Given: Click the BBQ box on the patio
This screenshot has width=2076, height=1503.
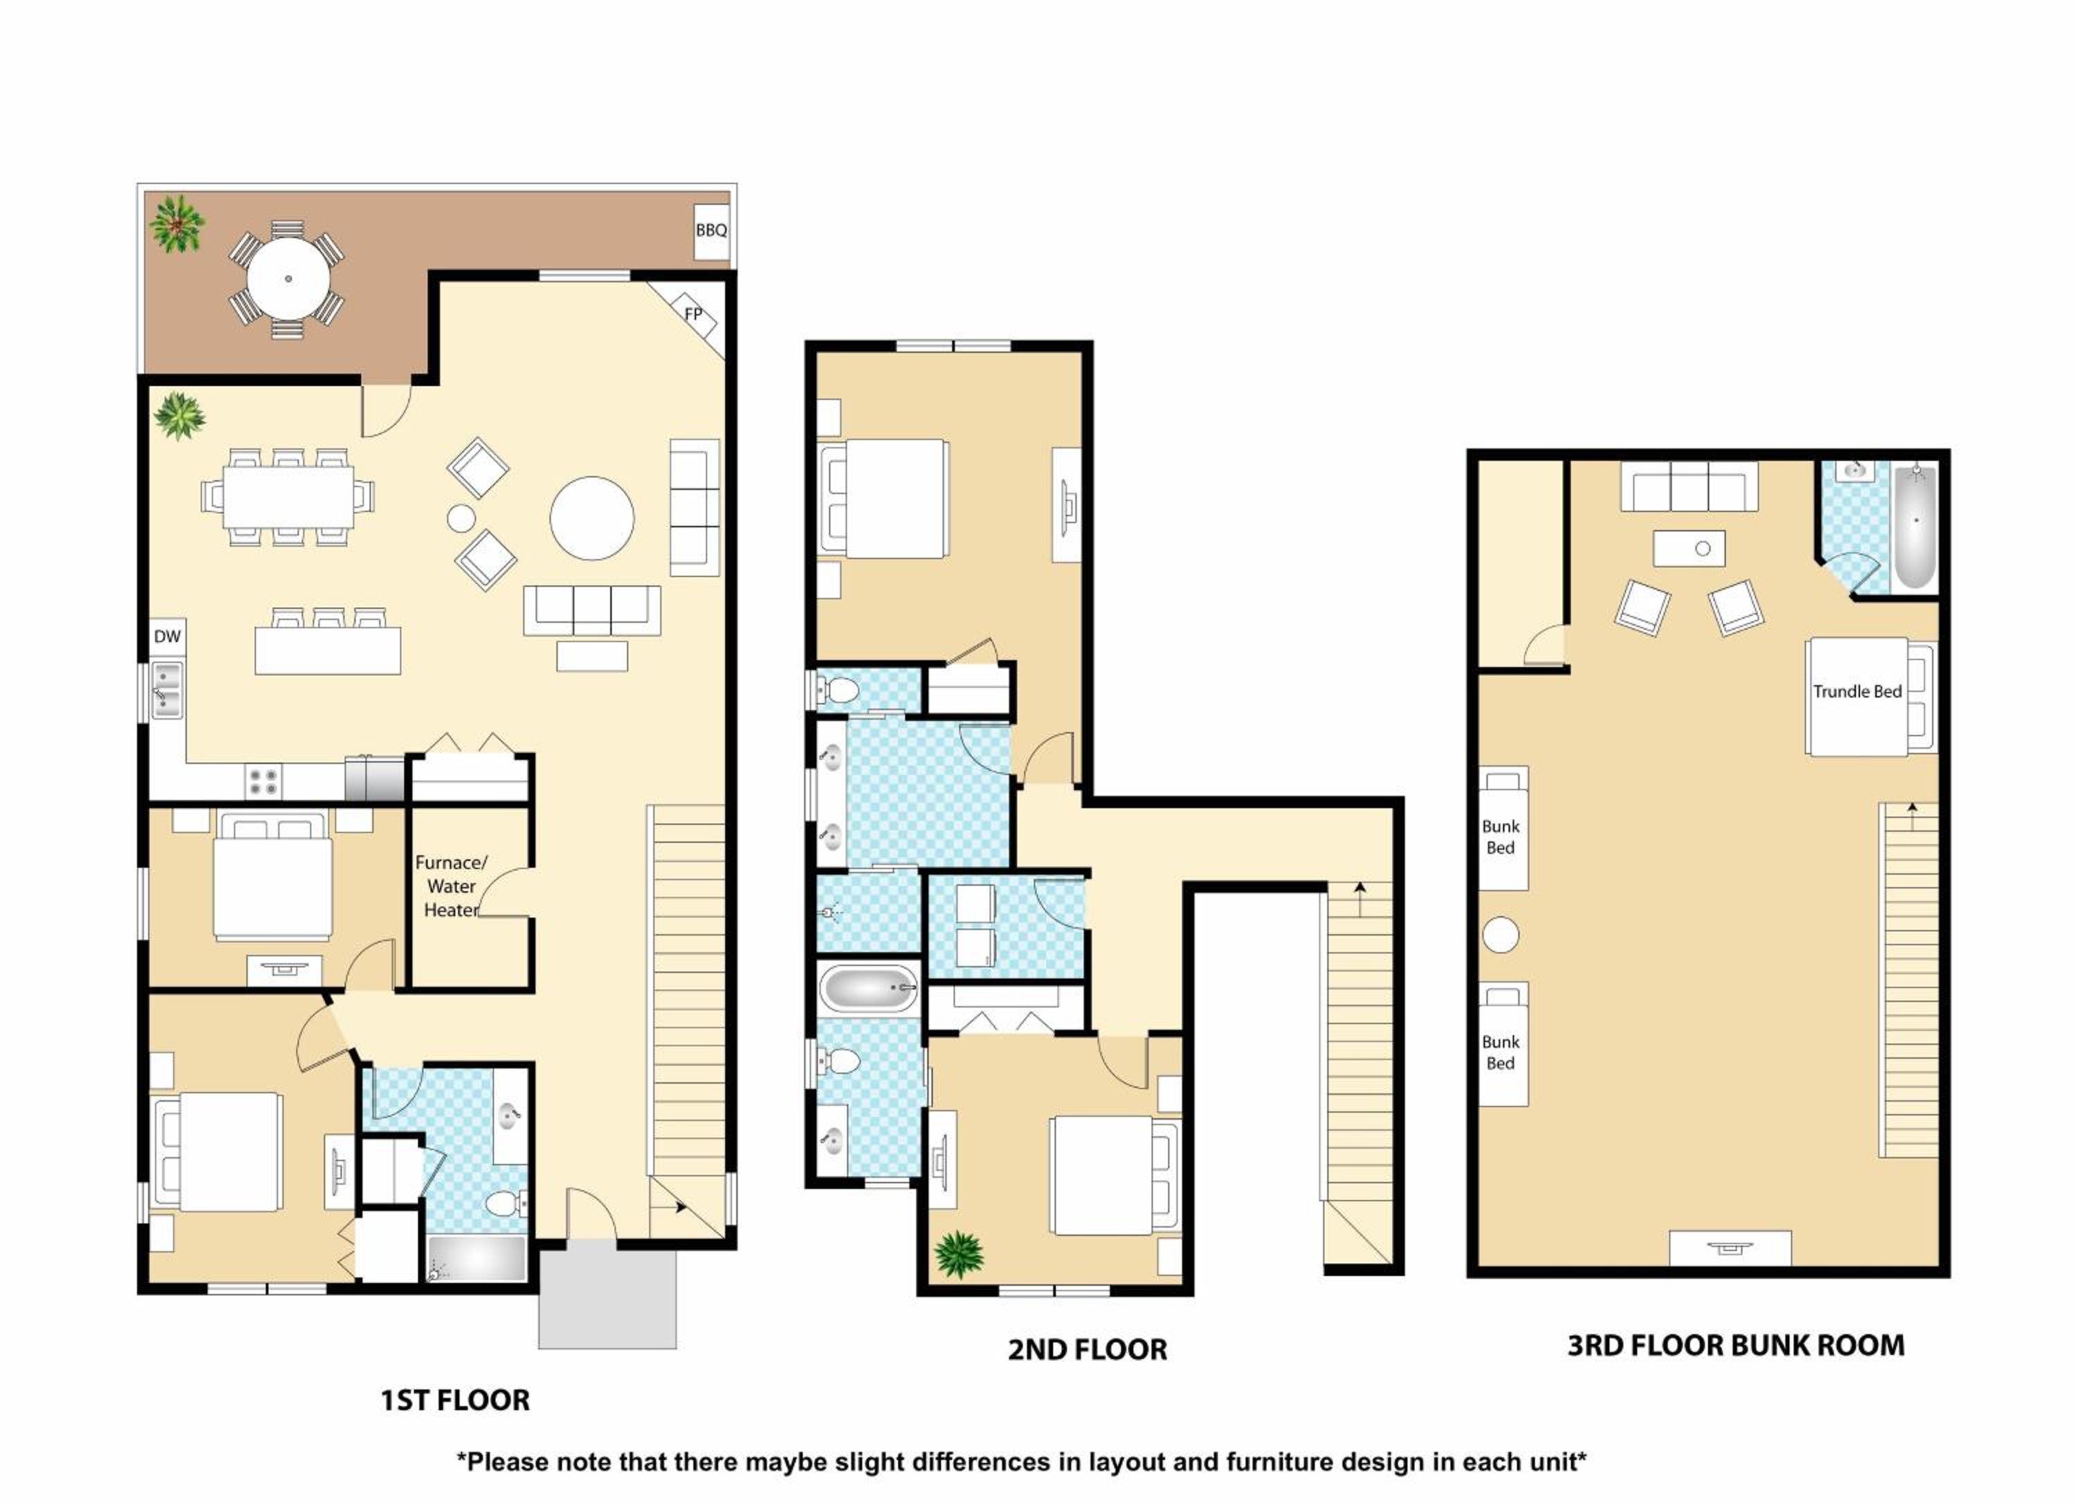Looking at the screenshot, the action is coord(711,230).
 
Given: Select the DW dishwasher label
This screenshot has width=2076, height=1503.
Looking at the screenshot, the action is coord(167,636).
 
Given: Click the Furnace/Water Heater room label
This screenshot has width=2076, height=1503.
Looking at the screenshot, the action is coord(451,886).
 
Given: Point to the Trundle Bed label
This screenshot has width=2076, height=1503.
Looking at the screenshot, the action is coord(1857,691).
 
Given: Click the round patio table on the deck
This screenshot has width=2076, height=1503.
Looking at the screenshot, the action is coord(289,278).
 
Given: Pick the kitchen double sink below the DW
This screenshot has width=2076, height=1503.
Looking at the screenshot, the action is coord(167,690).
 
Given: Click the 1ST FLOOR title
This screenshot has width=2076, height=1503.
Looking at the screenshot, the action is coord(455,1400).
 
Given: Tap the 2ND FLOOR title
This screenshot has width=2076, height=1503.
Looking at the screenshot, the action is coord(1087,1349).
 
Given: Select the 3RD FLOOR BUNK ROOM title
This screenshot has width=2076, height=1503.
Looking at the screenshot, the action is coord(1736,1345).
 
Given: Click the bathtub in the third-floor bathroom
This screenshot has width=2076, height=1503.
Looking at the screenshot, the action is coord(1915,527).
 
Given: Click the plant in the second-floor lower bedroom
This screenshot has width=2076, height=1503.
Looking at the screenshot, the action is coord(959,1253).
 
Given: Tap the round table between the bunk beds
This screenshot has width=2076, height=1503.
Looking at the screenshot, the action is coord(1500,936).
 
